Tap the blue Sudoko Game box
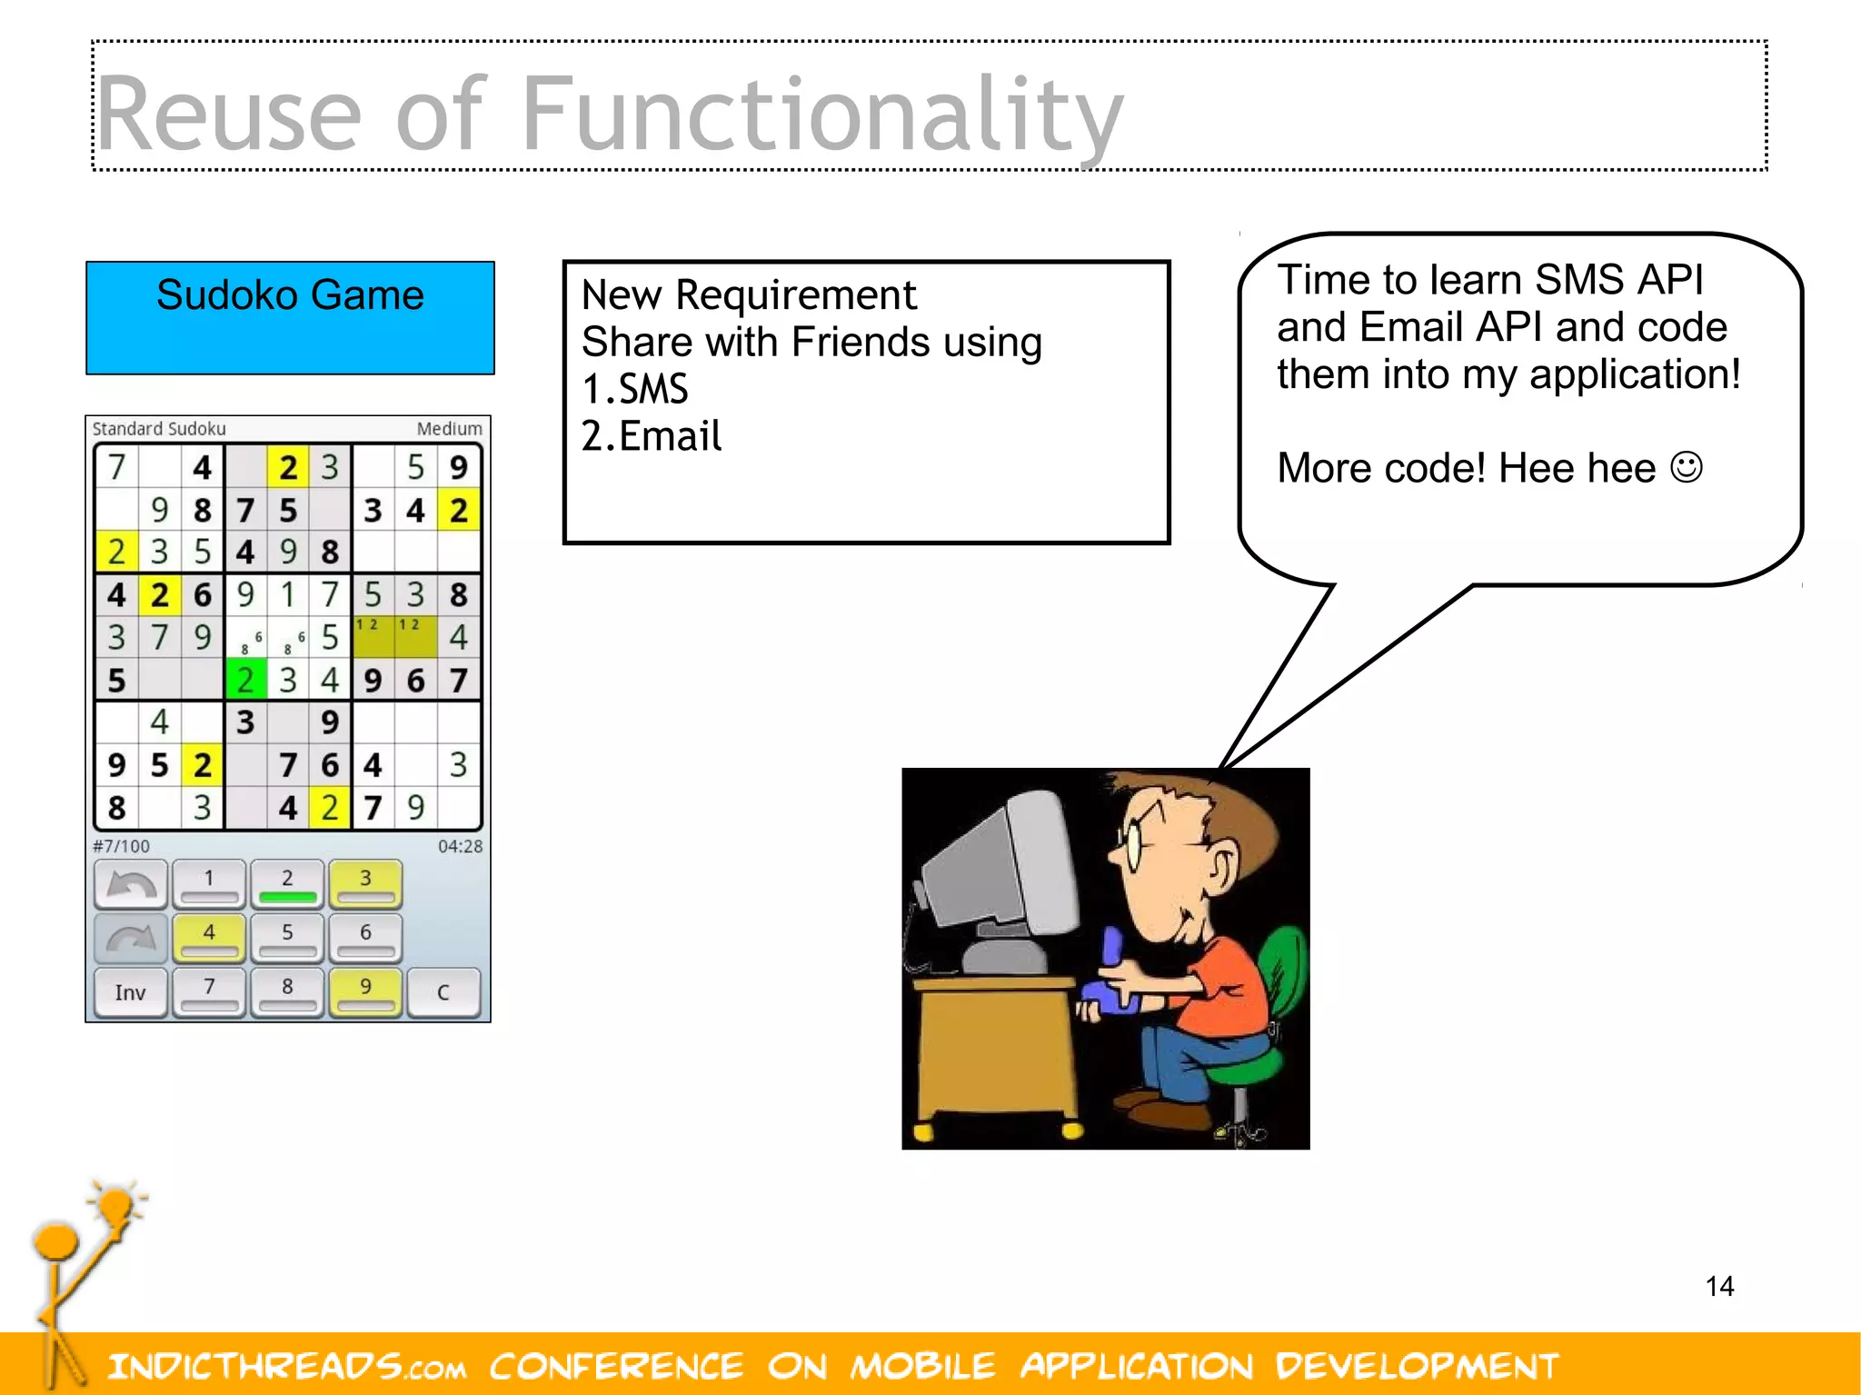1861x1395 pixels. point(290,317)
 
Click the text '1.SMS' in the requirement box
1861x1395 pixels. point(634,389)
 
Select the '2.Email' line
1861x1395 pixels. point(651,436)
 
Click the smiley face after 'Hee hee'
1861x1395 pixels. point(1687,468)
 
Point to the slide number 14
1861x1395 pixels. point(1719,1286)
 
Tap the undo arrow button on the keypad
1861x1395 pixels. point(131,884)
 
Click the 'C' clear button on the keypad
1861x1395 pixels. point(443,992)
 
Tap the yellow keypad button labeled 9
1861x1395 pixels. point(365,992)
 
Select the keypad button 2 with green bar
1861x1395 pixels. point(287,884)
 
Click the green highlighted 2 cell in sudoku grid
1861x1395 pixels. point(245,680)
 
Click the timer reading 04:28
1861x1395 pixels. point(460,846)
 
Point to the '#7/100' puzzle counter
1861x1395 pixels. point(121,846)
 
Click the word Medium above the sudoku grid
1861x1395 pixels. point(449,428)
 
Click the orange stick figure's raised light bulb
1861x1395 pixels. point(116,1207)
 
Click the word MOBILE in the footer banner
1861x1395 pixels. point(922,1366)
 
